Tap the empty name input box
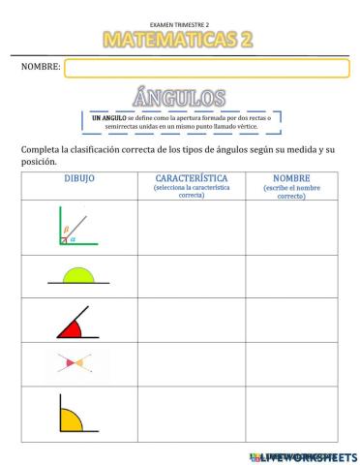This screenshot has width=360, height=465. (206, 68)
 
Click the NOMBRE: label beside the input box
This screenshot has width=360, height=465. (41, 68)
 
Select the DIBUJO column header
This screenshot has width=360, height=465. (79, 179)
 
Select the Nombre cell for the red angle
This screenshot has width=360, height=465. (290, 320)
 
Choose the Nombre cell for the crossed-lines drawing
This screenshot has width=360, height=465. (290, 364)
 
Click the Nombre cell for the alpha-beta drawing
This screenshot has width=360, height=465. (290, 228)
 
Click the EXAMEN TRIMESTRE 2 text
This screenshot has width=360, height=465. (180, 22)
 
